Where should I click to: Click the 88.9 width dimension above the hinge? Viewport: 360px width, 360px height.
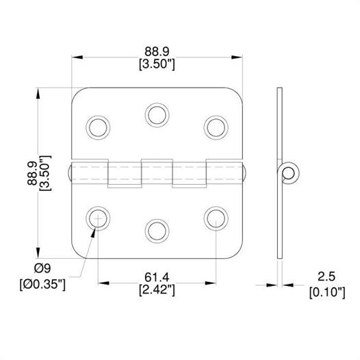157,51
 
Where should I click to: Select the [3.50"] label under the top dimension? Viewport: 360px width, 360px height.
157,64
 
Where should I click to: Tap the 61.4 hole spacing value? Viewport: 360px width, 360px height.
157,277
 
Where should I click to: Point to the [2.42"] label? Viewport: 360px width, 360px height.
157,290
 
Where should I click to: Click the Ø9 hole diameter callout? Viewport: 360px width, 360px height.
42,268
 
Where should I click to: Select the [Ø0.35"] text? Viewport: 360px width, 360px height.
42,285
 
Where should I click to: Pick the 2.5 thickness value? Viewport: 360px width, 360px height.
326,277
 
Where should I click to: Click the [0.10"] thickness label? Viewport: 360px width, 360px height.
327,293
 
